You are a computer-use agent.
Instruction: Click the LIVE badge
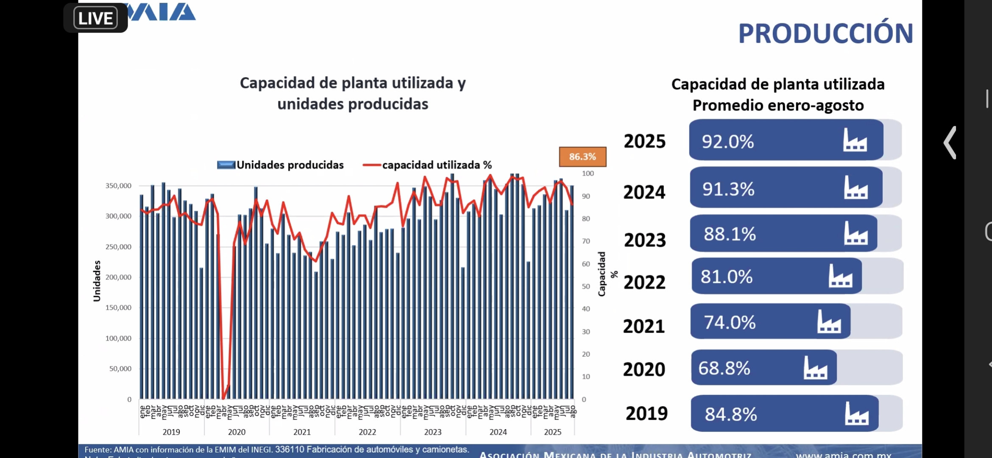coord(95,18)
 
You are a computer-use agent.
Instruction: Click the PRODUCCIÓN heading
coord(825,34)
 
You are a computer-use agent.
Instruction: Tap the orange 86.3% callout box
coord(582,156)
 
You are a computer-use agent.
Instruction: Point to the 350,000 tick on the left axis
coord(118,186)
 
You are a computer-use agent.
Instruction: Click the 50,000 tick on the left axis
coord(120,369)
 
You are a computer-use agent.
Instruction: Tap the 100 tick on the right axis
coord(588,173)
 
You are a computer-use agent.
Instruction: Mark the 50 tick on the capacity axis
coord(586,286)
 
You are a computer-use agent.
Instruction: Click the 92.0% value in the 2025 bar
coord(728,142)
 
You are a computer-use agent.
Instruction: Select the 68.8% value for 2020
coord(724,368)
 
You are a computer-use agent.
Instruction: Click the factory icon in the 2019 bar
coord(856,413)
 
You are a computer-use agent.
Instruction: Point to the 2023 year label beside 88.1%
coord(645,240)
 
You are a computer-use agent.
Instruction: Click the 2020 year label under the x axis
coord(237,432)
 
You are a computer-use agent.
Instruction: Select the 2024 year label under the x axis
coord(498,432)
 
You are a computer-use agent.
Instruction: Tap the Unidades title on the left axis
coord(97,281)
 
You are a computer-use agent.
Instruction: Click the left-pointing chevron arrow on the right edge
coord(950,142)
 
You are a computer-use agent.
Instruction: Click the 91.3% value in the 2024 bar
coord(728,189)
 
